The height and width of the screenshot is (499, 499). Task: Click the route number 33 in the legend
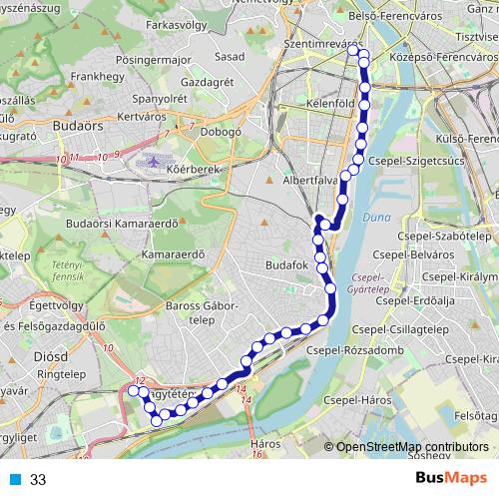click(x=38, y=480)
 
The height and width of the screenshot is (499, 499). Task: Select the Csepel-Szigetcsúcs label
click(x=411, y=159)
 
